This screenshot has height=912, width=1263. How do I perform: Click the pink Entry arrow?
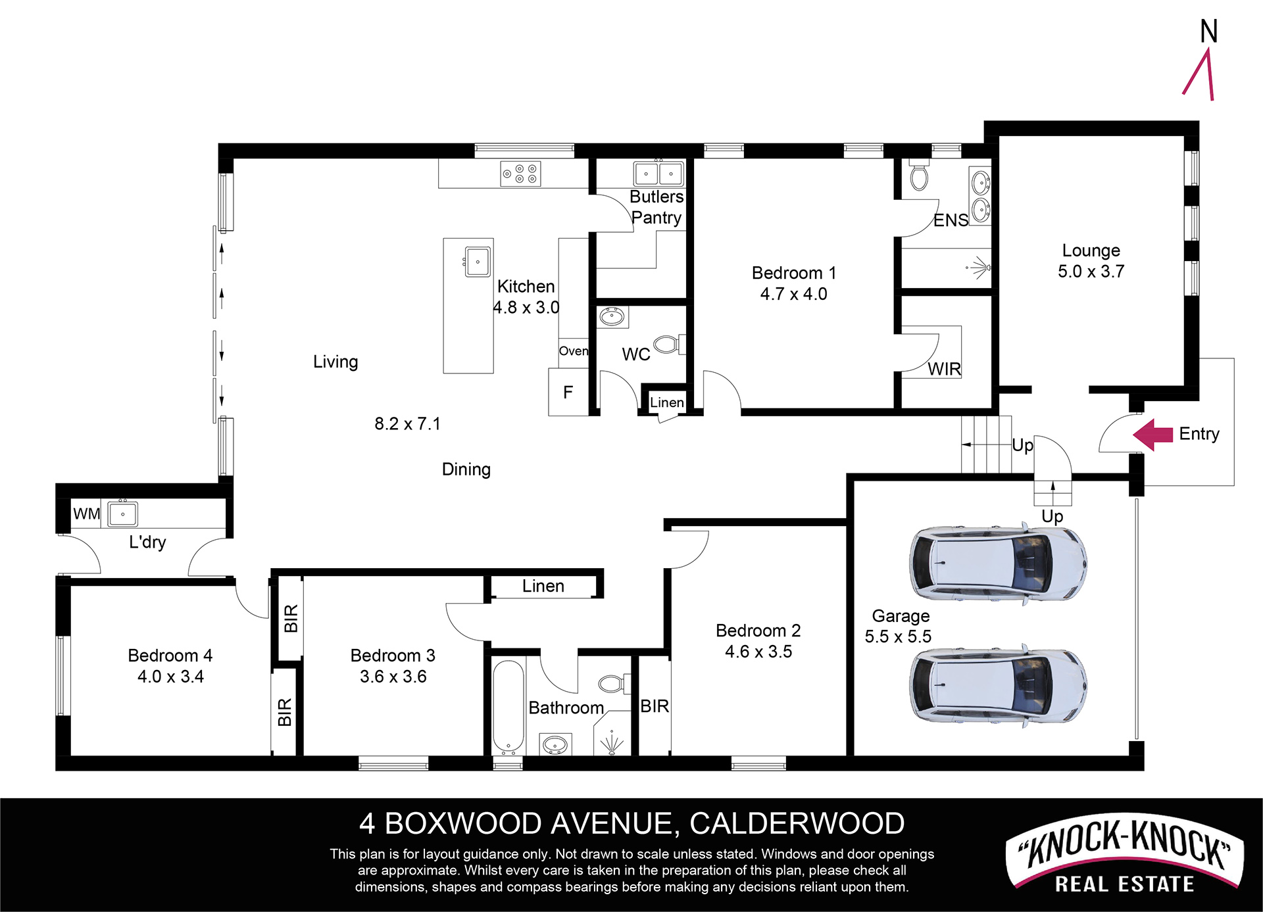tap(1152, 435)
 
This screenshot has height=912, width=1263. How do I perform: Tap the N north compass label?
tap(1209, 31)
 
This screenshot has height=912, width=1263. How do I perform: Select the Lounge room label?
tap(1091, 251)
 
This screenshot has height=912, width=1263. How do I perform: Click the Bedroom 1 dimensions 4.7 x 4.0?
tap(793, 294)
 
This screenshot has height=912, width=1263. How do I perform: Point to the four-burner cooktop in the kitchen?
tap(520, 174)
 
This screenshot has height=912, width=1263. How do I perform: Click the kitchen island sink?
tap(477, 262)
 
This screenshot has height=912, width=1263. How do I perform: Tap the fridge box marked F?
tap(568, 392)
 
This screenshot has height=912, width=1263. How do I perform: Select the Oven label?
tap(574, 351)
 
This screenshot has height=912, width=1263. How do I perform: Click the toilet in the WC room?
tap(670, 344)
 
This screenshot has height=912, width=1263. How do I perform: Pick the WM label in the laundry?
tap(87, 514)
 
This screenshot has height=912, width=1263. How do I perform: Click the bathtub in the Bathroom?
tap(508, 707)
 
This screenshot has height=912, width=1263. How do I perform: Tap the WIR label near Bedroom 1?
tap(945, 369)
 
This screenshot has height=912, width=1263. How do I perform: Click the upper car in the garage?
tap(998, 564)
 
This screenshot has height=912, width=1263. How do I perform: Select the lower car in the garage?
tap(998, 685)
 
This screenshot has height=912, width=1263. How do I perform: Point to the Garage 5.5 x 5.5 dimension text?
tap(898, 636)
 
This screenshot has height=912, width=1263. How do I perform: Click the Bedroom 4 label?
tap(170, 656)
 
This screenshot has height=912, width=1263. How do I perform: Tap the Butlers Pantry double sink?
tap(658, 174)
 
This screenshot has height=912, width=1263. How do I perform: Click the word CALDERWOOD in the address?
tap(797, 823)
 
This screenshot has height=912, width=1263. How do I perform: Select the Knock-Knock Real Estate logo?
tap(1125, 855)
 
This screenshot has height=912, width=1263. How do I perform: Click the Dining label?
tap(466, 469)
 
